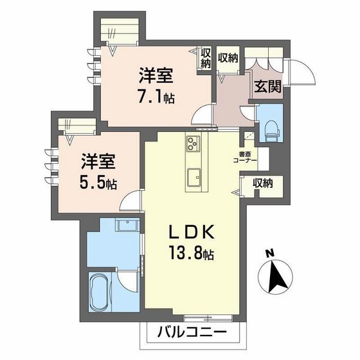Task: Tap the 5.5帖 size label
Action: (x=98, y=182)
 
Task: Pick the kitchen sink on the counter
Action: (x=194, y=175)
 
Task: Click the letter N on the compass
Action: (x=270, y=252)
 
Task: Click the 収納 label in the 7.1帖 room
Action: (x=206, y=58)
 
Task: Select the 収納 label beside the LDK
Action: (x=262, y=183)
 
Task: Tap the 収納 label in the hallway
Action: (x=228, y=57)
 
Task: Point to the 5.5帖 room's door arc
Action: (x=132, y=201)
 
